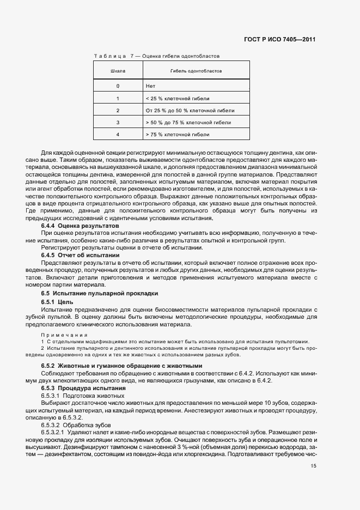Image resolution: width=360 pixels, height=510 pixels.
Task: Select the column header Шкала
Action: coord(118,71)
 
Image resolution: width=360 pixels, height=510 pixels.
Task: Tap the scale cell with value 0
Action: coord(118,86)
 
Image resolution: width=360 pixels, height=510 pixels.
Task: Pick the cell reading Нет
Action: coord(151,86)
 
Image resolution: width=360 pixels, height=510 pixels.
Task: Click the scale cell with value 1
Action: coord(118,98)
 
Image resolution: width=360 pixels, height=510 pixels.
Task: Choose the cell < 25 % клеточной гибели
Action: coord(178,98)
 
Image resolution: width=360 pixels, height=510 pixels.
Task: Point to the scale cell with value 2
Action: coord(118,110)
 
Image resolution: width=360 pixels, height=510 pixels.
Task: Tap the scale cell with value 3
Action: coord(118,122)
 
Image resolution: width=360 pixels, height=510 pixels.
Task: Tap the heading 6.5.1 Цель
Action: coord(57,301)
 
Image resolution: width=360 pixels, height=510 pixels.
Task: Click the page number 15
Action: coord(313,466)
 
